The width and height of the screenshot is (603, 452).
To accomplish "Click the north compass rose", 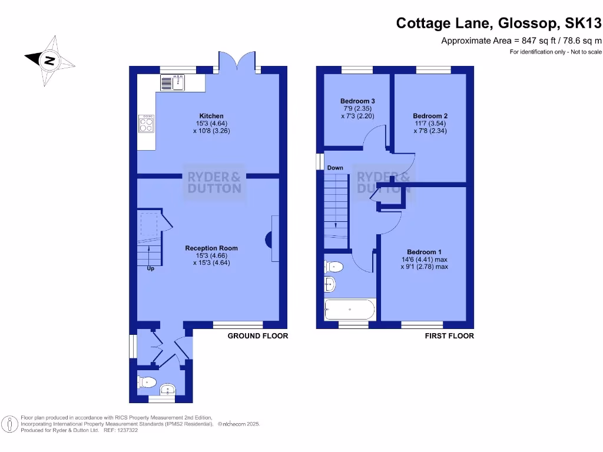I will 50,60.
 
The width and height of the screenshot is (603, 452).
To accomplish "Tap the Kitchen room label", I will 211,116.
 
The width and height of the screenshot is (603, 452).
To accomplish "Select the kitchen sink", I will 173,83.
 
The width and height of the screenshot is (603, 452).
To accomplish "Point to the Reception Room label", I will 211,248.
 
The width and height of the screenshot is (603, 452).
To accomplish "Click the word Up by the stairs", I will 150,270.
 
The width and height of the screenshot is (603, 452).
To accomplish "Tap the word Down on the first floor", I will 335,168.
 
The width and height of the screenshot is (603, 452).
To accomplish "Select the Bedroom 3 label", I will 357,101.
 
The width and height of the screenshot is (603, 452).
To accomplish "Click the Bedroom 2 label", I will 430,116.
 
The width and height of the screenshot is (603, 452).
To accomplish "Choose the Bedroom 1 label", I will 424,252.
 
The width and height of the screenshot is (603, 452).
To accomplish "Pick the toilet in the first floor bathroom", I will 333,266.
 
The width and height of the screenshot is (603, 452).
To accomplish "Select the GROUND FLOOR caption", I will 258,336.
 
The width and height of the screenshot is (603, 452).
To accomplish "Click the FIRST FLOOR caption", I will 449,336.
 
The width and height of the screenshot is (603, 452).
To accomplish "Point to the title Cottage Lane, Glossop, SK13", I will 499,23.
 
